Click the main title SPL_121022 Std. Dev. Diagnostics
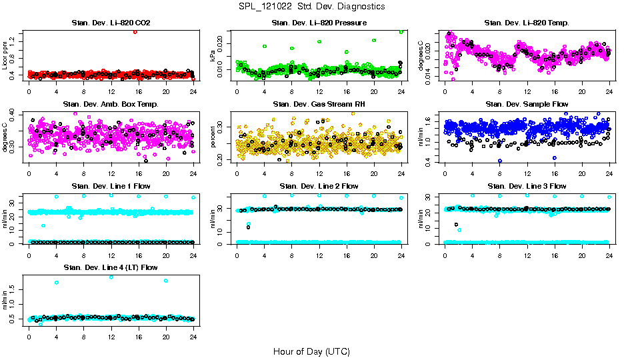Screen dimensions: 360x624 [311, 6]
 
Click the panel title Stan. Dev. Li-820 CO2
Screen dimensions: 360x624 [111, 23]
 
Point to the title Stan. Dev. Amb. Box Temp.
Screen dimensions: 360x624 [111, 105]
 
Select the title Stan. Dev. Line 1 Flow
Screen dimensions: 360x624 [111, 186]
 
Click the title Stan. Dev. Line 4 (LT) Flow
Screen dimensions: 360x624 [111, 267]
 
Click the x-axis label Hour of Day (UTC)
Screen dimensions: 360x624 [311, 351]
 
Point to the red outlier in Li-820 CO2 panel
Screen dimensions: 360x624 [135, 31]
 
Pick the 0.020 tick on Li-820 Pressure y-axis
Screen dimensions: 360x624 [223, 43]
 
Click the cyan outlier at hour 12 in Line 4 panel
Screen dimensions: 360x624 [111, 277]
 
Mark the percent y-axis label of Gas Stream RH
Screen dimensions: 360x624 [213, 137]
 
